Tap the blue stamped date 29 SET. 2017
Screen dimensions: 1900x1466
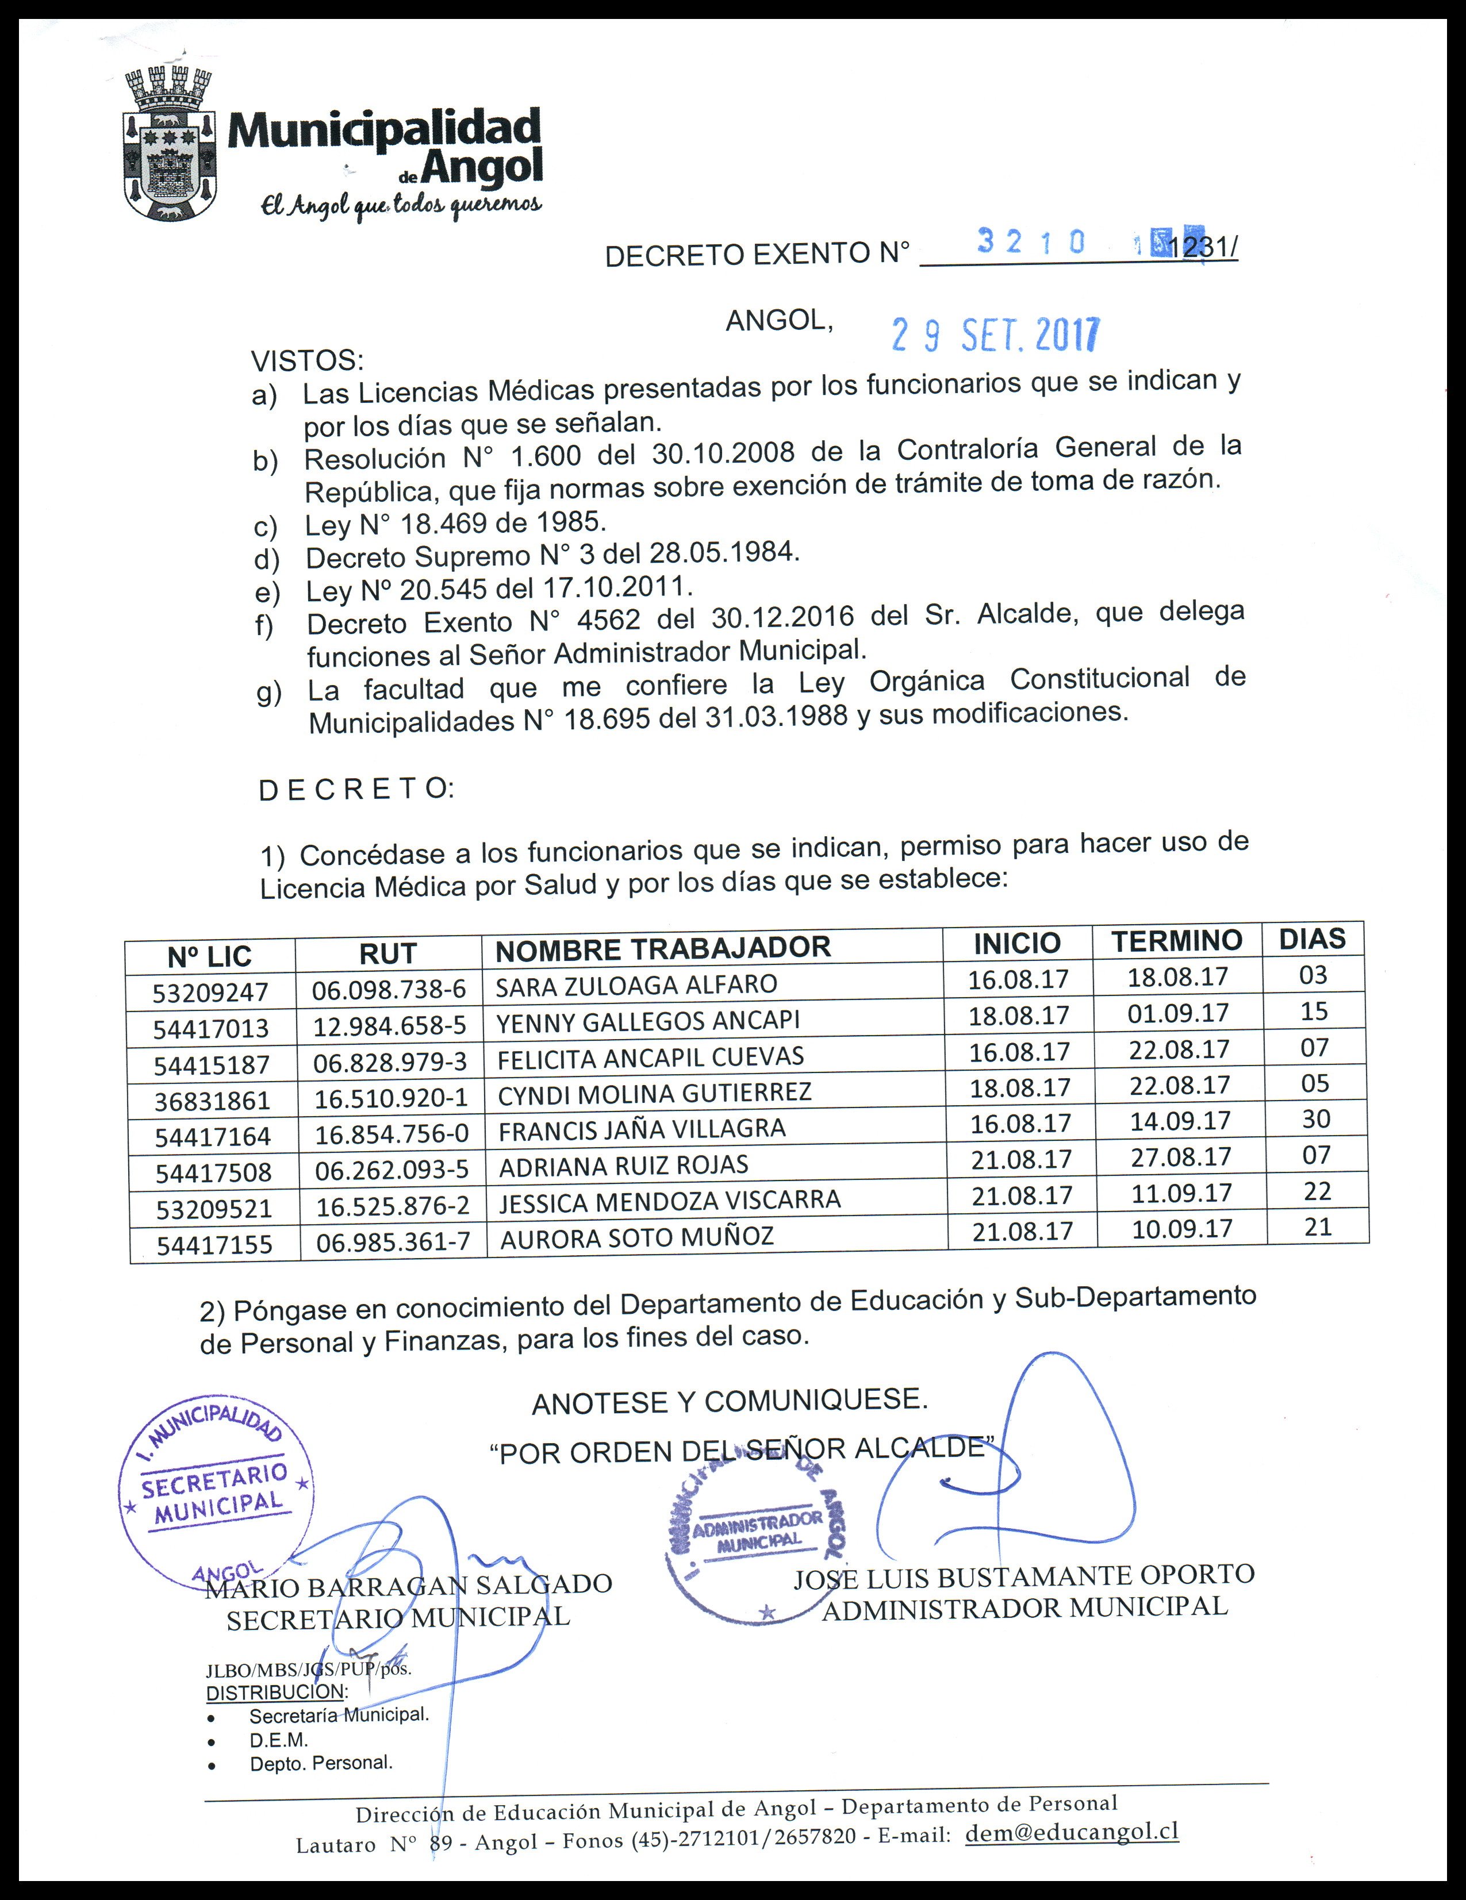995,335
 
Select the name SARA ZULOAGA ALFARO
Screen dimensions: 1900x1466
636,986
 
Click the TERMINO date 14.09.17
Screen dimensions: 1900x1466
1180,1121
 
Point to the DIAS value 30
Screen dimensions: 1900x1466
1315,1119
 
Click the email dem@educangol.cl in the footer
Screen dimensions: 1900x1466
1072,1832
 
